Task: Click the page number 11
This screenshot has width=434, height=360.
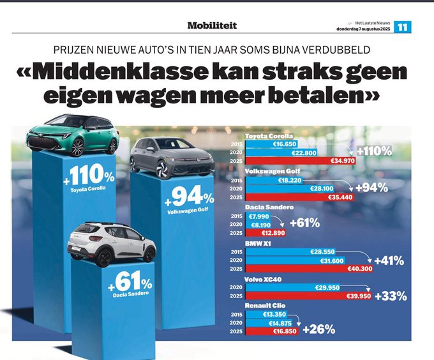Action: [403, 27]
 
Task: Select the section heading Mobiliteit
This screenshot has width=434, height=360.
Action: [212, 26]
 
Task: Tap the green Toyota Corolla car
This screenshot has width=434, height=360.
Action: [71, 134]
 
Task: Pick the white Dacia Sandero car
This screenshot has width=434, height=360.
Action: [111, 243]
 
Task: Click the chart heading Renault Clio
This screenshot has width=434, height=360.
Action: [266, 306]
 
